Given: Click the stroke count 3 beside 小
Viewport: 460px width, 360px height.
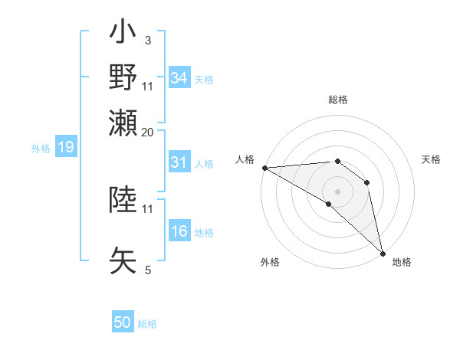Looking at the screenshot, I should tap(147, 39).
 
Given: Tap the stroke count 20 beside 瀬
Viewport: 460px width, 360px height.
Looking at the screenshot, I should tap(147, 132).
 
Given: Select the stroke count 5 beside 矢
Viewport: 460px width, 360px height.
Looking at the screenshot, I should tap(147, 270).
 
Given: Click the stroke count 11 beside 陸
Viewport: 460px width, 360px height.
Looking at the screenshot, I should tap(147, 208).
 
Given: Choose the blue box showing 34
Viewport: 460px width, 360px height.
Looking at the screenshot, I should tap(179, 78).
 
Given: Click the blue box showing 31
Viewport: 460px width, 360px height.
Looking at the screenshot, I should tap(179, 163).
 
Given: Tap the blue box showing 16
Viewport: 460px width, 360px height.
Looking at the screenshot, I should tap(179, 232).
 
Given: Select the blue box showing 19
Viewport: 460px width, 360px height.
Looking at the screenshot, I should tap(66, 147).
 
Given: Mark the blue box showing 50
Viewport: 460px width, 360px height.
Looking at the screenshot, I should tap(123, 322).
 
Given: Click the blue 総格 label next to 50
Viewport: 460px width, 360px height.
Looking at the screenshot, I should tap(147, 324).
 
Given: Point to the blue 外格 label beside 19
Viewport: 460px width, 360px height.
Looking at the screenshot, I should tap(41, 148).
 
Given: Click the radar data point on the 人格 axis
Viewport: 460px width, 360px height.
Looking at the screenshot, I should tap(264, 168).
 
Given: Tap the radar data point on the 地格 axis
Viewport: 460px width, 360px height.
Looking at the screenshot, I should tap(382, 252).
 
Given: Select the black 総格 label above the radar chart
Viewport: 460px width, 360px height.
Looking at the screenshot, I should tap(338, 100).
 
